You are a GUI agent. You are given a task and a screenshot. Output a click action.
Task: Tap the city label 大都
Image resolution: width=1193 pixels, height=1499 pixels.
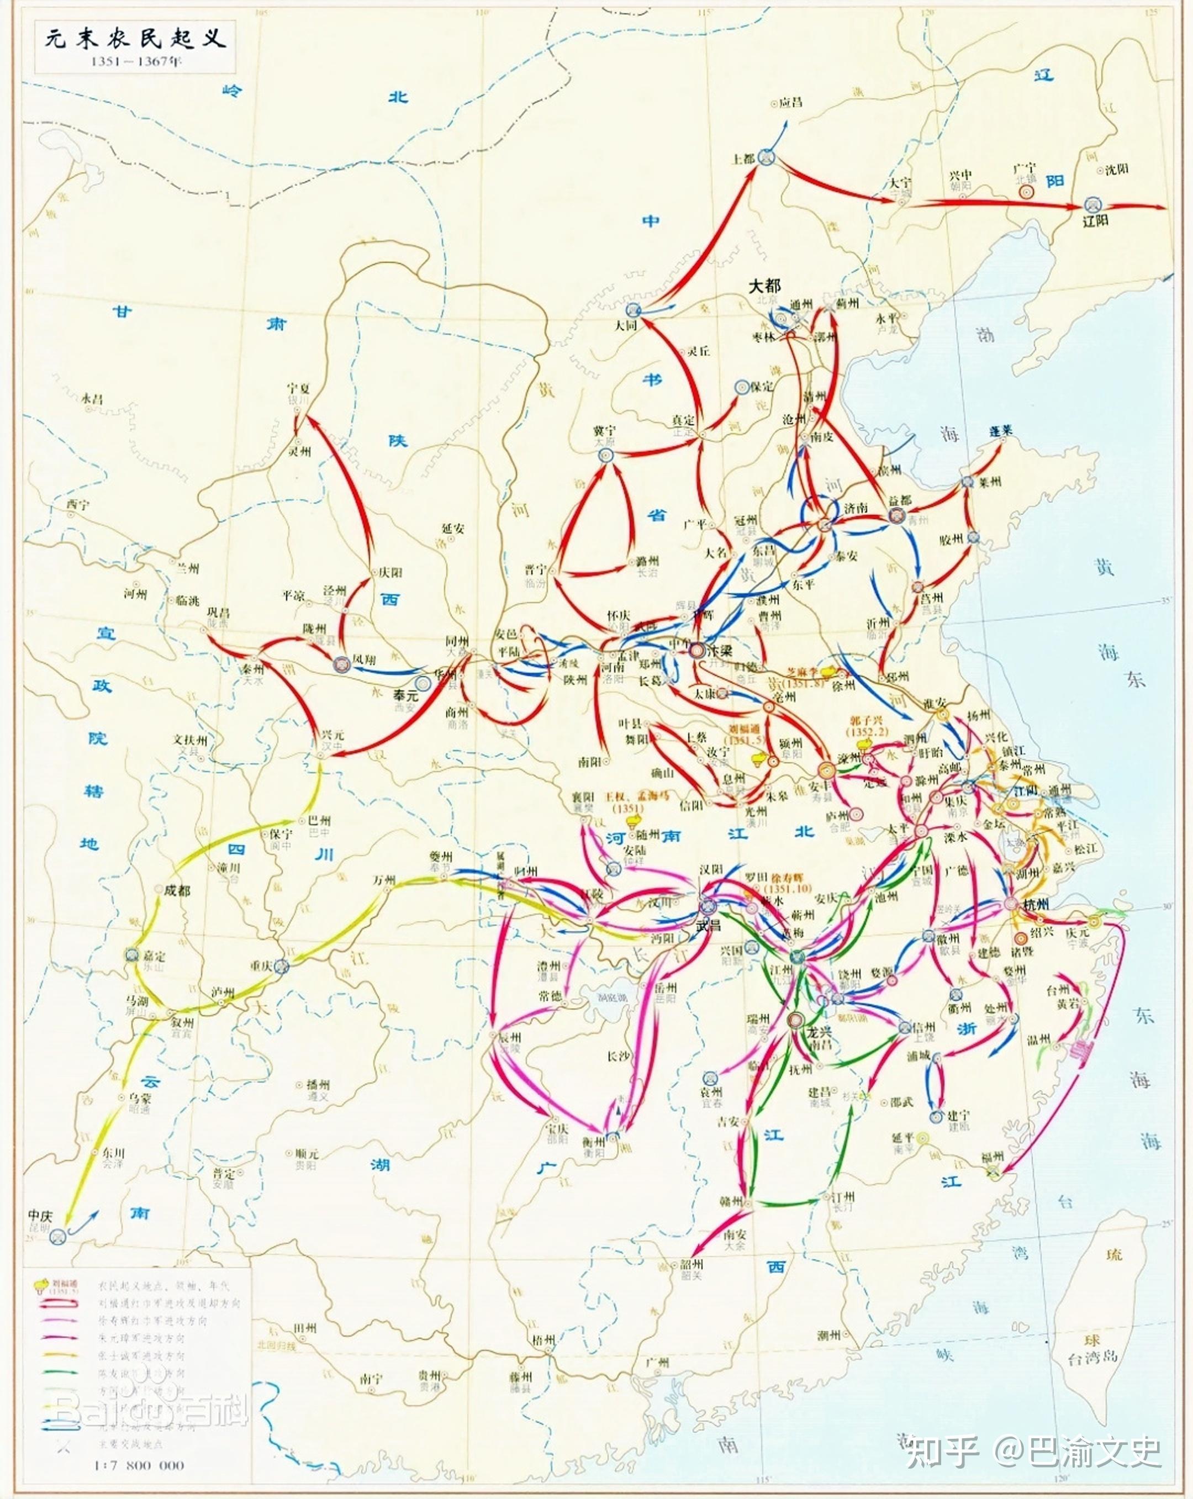tap(764, 286)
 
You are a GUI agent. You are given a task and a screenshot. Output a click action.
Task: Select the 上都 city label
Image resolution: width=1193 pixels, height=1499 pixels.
tap(742, 159)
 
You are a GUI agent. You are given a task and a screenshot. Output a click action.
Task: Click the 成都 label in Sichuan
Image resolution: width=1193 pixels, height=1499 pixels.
tap(177, 890)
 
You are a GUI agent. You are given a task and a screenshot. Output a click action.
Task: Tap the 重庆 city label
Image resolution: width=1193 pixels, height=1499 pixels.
tap(263, 965)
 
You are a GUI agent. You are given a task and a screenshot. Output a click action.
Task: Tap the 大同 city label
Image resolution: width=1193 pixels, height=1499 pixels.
tap(626, 325)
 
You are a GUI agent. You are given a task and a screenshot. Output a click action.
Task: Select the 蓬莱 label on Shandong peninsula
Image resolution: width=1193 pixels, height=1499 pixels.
tap(1001, 431)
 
